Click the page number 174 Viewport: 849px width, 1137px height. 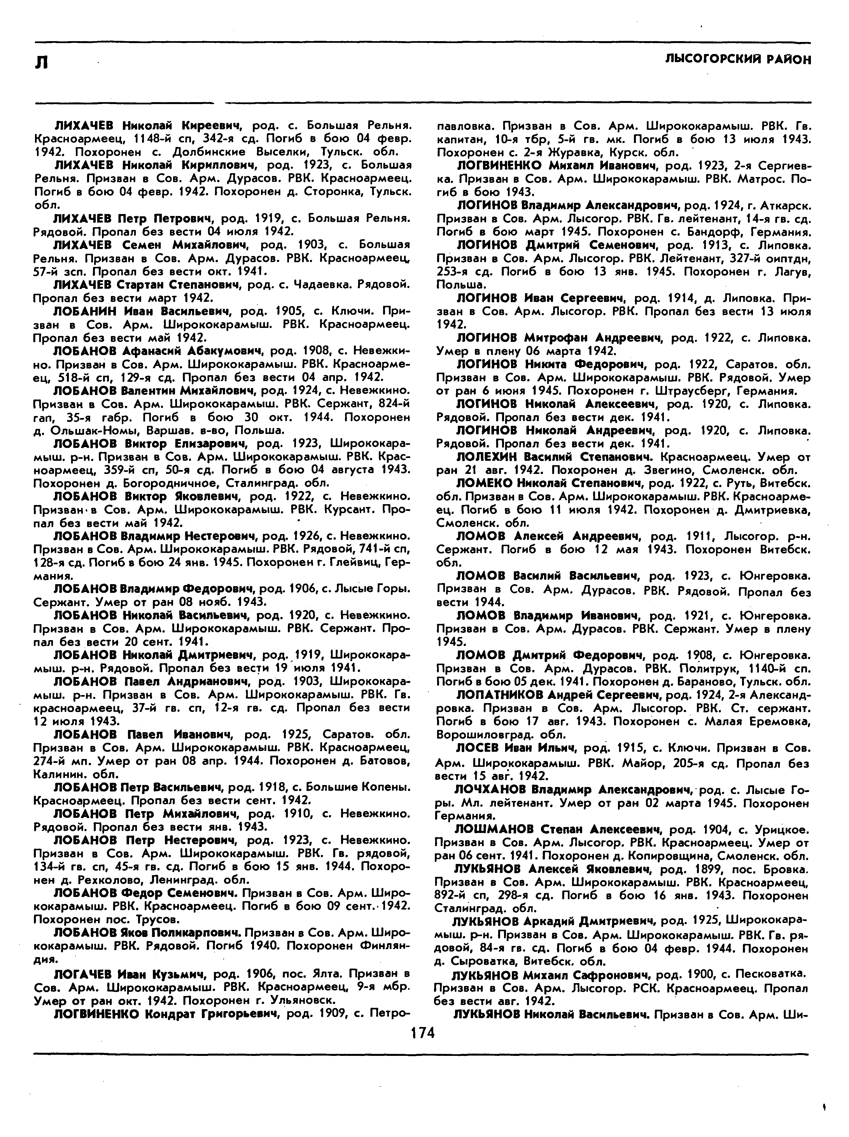coord(423,1033)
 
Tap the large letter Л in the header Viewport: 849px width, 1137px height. coord(42,62)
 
